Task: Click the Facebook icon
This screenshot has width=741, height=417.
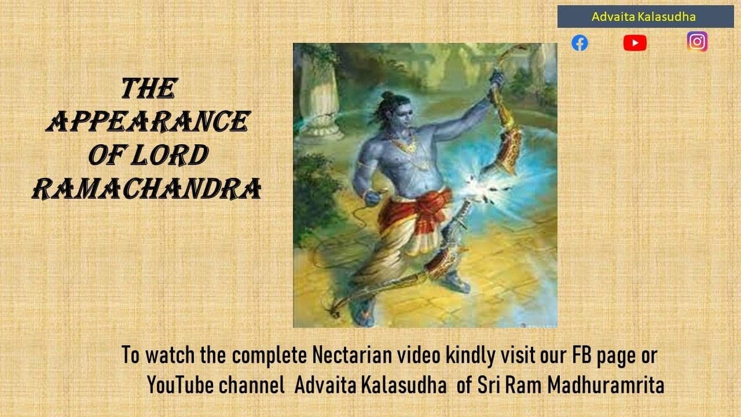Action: click(x=579, y=43)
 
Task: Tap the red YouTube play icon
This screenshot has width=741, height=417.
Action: click(x=635, y=43)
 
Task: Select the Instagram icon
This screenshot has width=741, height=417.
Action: click(x=697, y=42)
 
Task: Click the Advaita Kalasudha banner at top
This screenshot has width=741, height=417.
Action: click(x=645, y=17)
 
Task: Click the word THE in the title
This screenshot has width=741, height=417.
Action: click(x=149, y=89)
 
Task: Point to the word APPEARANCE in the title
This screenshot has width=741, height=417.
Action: click(x=148, y=122)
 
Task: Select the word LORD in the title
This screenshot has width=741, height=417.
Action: click(x=170, y=155)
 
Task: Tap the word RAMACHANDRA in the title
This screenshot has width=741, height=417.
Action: click(x=147, y=189)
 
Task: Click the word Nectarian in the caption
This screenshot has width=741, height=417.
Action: click(x=352, y=355)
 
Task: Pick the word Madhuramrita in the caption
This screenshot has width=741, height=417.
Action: click(x=606, y=385)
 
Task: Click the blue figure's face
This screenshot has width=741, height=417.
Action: click(x=404, y=115)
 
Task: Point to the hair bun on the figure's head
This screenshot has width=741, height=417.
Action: click(x=386, y=96)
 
